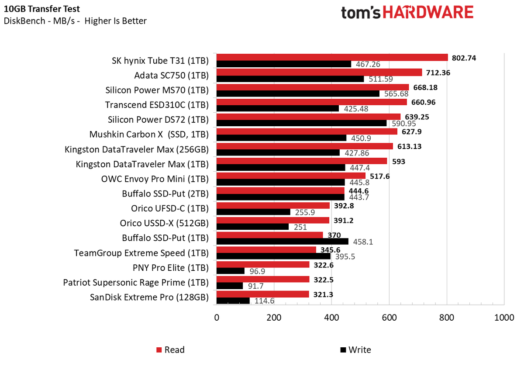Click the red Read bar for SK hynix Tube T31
[332, 57]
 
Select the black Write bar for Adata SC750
[290, 79]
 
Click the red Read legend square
[159, 350]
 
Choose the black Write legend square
[343, 350]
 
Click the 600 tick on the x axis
[389, 318]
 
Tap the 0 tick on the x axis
[217, 318]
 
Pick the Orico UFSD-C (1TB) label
[169, 208]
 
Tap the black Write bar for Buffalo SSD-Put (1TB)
[282, 241]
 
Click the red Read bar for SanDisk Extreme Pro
[262, 294]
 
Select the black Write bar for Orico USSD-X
[252, 227]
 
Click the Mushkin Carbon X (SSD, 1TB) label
[149, 134]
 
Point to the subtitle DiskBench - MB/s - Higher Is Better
[75, 21]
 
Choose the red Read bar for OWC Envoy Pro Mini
[291, 176]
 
